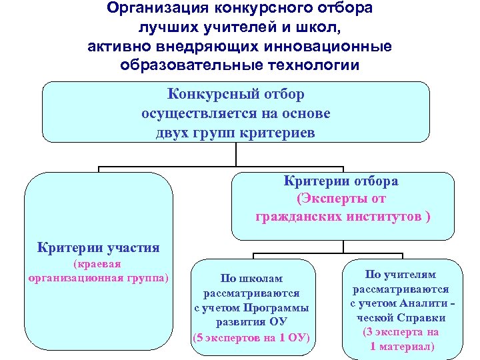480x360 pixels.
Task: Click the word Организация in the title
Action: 153,9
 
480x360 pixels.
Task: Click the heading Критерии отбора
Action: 341,181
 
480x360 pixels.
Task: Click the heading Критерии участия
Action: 99,248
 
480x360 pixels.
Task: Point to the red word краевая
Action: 99,265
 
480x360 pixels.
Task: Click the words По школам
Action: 252,279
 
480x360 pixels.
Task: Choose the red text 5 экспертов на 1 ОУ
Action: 252,336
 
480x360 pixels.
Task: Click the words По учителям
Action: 401,275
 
